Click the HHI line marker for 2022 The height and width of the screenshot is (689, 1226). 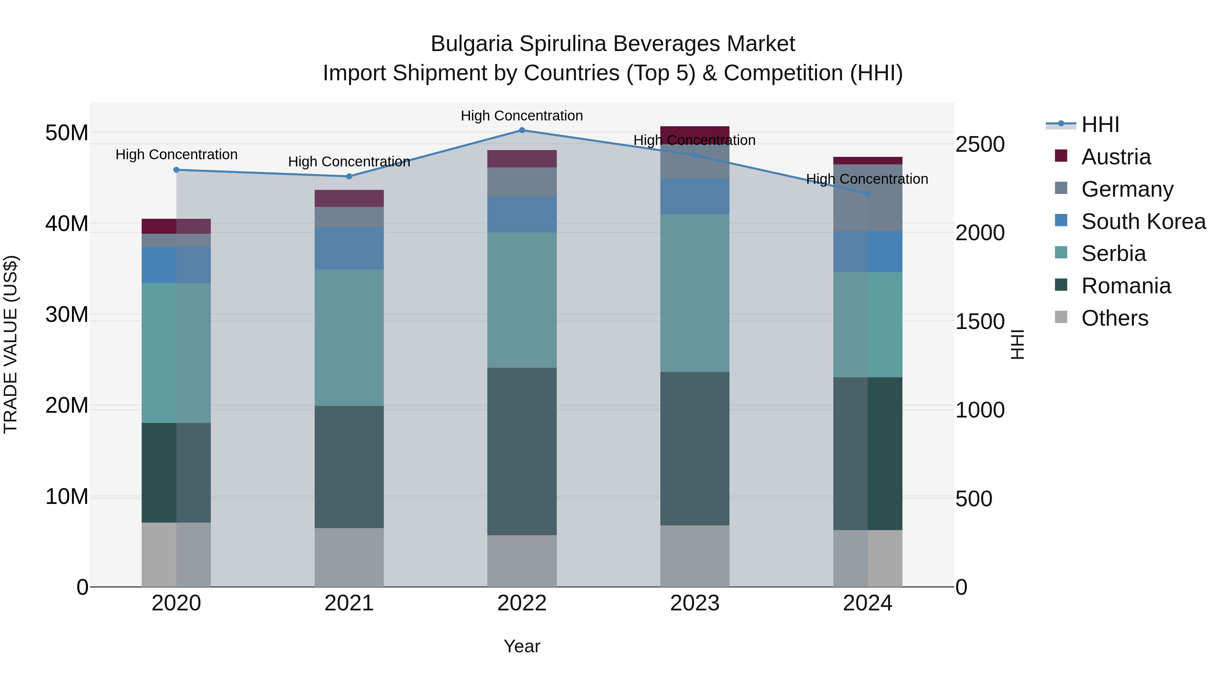522,130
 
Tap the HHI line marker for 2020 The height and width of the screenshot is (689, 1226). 176,170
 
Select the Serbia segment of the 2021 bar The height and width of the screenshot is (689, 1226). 349,337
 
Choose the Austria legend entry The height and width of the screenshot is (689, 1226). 1116,157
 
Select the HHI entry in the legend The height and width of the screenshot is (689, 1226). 1099,125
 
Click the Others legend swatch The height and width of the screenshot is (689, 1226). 1061,317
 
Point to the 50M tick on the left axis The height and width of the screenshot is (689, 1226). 67,133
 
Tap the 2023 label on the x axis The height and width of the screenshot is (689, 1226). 694,603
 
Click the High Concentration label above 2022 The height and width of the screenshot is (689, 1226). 522,116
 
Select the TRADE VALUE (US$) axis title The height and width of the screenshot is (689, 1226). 11,344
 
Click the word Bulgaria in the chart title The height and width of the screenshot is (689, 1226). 471,44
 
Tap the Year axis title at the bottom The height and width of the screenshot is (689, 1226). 522,646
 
